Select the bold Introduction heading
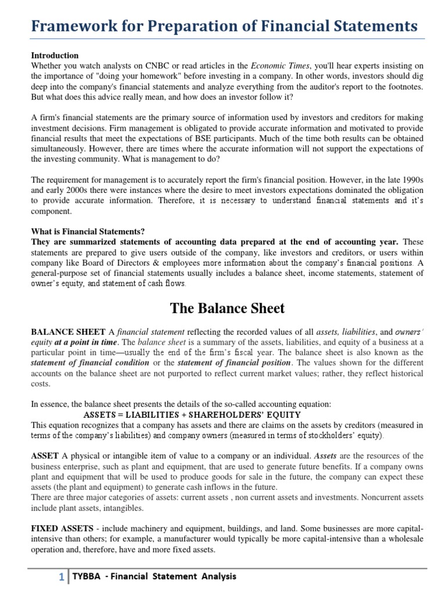tap(55, 56)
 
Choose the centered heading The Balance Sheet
tap(227, 308)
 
